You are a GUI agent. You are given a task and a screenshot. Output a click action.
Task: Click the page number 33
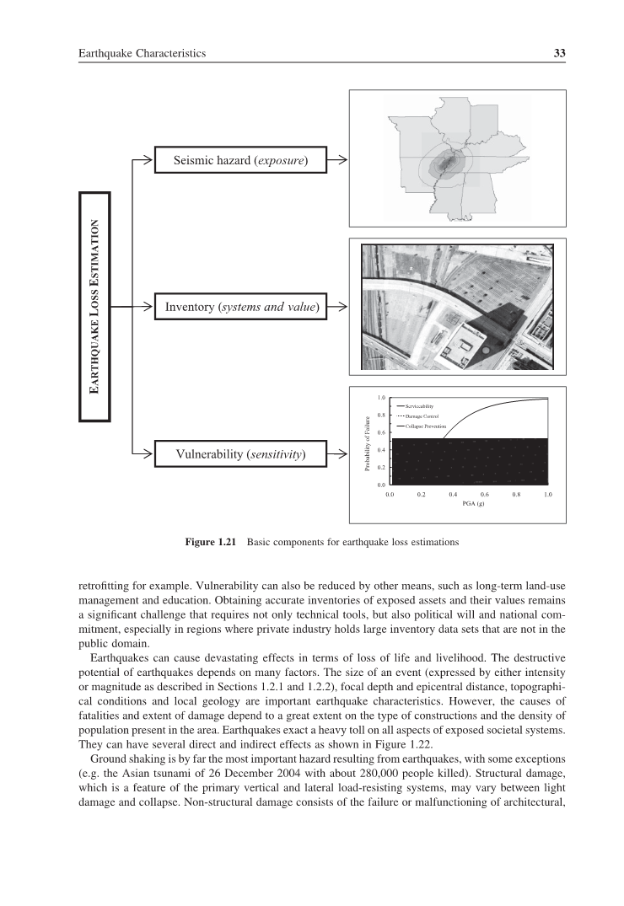point(558,53)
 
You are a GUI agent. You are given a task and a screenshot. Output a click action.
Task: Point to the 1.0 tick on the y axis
point(381,398)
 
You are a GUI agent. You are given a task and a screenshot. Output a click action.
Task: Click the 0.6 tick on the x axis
point(485,495)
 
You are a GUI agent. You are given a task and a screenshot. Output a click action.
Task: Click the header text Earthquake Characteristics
point(142,53)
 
